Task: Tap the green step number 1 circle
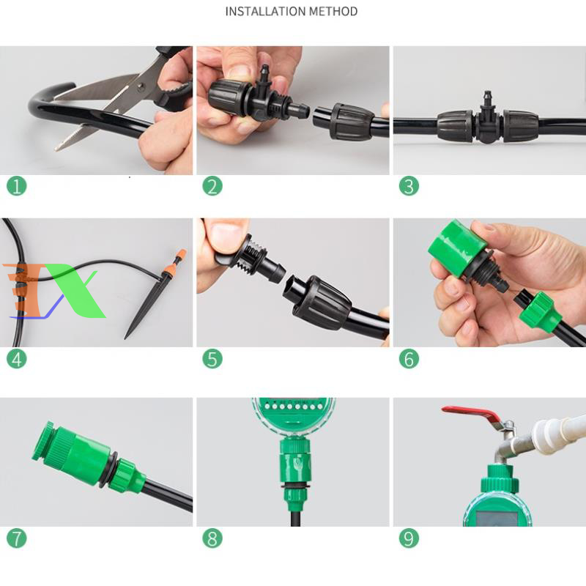pyautogui.click(x=16, y=186)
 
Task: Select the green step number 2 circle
pyautogui.click(x=212, y=186)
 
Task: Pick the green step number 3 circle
pyautogui.click(x=409, y=186)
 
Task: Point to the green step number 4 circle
pyautogui.click(x=16, y=359)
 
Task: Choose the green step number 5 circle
pyautogui.click(x=212, y=359)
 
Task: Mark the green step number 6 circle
pyautogui.click(x=409, y=359)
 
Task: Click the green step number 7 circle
pyautogui.click(x=16, y=538)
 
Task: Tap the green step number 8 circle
pyautogui.click(x=212, y=538)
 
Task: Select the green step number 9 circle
pyautogui.click(x=409, y=538)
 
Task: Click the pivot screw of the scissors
pyautogui.click(x=141, y=87)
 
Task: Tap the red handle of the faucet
pyautogui.click(x=472, y=414)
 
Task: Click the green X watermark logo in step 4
pyautogui.click(x=75, y=289)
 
